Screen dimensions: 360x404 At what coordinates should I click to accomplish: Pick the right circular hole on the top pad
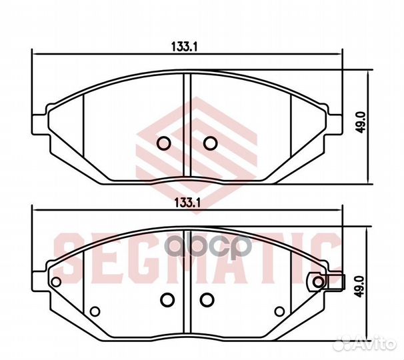pos(210,143)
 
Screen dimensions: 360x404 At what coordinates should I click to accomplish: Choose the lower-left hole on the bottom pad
pos(94,310)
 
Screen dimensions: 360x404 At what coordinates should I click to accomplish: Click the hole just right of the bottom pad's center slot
pos(207,299)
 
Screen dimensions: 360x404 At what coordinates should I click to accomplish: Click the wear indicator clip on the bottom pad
pos(331,283)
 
